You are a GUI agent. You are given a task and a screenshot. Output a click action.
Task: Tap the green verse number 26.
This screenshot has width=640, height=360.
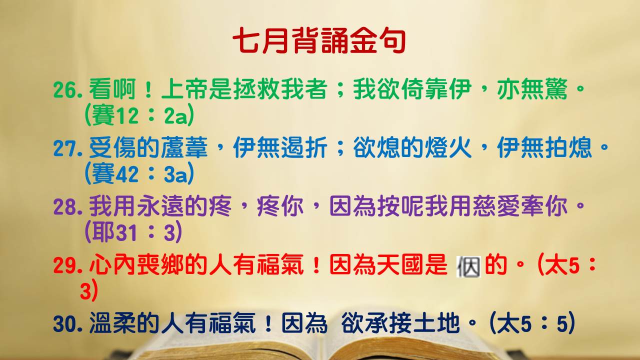pyautogui.click(x=68, y=90)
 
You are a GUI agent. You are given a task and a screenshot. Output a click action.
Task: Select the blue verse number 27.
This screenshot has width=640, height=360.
pyautogui.click(x=68, y=149)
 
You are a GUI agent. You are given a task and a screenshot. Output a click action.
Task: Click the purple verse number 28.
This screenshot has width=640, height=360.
pyautogui.click(x=68, y=207)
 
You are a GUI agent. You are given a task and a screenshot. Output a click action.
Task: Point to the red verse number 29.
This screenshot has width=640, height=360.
pyautogui.click(x=68, y=266)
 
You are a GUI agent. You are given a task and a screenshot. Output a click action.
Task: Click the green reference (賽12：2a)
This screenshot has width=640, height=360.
pyautogui.click(x=139, y=115)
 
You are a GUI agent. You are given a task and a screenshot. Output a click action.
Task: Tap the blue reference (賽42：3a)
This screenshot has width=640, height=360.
pyautogui.click(x=139, y=174)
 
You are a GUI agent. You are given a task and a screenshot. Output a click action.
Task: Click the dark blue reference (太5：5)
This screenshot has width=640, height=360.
pyautogui.click(x=532, y=323)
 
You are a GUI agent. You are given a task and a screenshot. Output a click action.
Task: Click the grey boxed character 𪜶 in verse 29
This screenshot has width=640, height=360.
pyautogui.click(x=468, y=266)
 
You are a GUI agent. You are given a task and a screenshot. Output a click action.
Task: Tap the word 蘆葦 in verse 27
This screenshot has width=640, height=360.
pyautogui.click(x=184, y=147)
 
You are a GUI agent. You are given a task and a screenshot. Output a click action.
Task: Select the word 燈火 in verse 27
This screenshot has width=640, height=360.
pyautogui.click(x=448, y=147)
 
